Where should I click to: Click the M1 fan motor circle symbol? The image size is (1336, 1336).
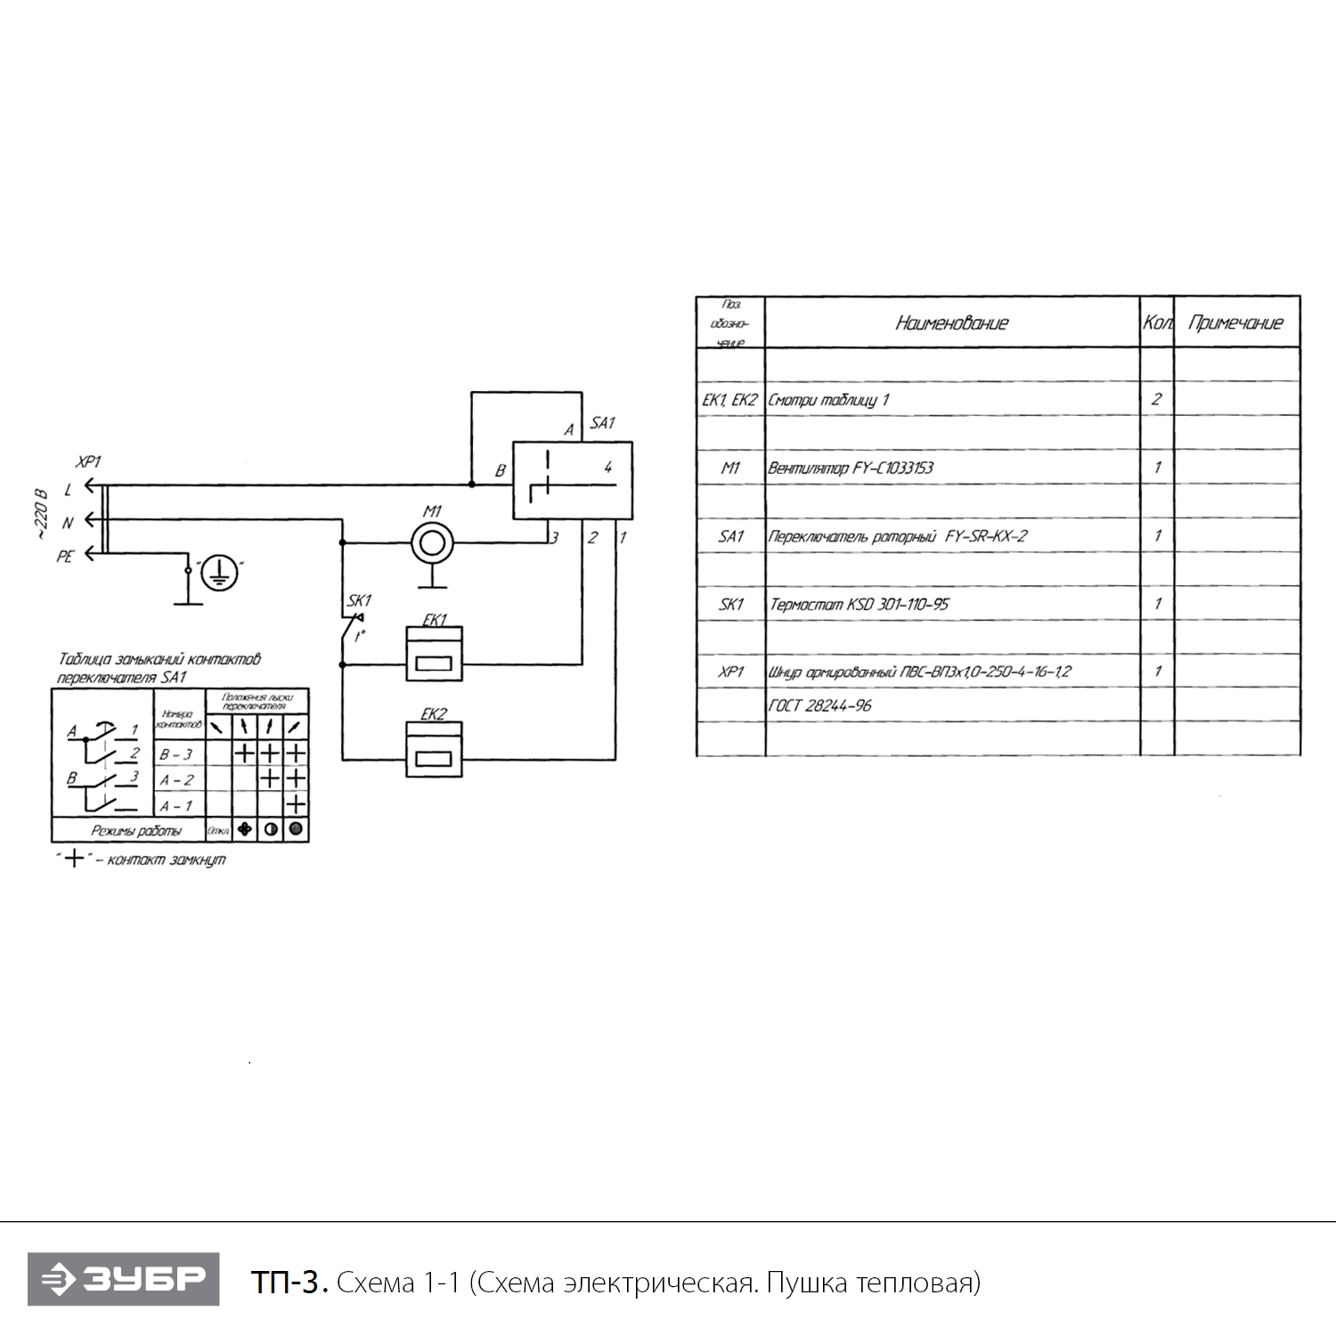(x=432, y=542)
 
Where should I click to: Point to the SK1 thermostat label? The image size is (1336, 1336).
(x=359, y=600)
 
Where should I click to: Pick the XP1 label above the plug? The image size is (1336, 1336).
(x=88, y=461)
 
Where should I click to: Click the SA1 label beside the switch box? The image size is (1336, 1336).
(x=603, y=423)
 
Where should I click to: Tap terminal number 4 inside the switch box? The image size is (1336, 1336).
(x=608, y=467)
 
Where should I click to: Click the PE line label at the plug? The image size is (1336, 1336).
(x=64, y=557)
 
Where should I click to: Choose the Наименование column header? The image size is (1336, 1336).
(x=951, y=322)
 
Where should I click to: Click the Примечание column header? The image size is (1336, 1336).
(x=1235, y=322)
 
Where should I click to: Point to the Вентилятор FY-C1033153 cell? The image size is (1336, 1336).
(x=851, y=468)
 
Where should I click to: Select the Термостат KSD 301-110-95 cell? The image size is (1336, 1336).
(x=859, y=604)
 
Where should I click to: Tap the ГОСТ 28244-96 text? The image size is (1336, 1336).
(x=820, y=705)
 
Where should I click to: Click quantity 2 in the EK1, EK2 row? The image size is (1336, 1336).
(x=1156, y=399)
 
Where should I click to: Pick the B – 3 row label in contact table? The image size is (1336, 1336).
(x=176, y=754)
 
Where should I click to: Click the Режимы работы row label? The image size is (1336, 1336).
(x=136, y=831)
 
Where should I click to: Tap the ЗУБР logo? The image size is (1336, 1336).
(x=123, y=1279)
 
